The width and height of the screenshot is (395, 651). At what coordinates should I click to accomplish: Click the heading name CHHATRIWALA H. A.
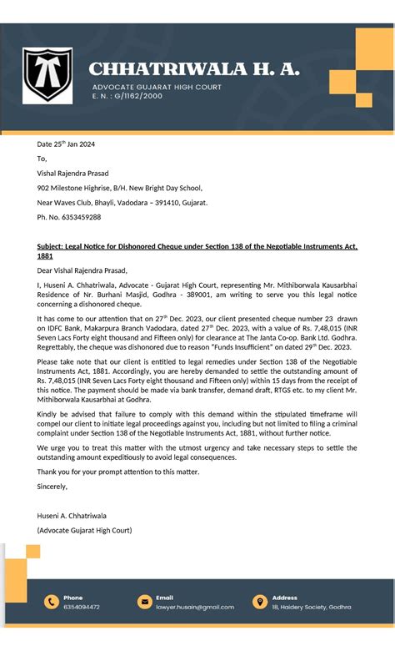point(194,69)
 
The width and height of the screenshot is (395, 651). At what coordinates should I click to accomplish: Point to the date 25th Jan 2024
point(66,144)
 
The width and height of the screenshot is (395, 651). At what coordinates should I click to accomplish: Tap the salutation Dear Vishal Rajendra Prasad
point(82,270)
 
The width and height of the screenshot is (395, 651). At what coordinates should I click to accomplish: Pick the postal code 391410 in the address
point(165,203)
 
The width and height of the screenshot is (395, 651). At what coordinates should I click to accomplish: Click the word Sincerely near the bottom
point(52,486)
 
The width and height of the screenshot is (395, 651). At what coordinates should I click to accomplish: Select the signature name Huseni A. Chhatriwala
point(72,515)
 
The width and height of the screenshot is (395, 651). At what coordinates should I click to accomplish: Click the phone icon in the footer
point(51,602)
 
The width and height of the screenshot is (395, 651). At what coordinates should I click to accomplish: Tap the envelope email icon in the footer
point(143,602)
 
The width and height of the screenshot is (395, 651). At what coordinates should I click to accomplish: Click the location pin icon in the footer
point(259,602)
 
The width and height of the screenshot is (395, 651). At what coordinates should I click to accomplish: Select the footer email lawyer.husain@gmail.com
point(195,607)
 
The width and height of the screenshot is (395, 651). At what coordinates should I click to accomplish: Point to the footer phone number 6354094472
point(82,607)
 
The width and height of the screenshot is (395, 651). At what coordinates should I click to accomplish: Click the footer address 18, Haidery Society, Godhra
point(311,607)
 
